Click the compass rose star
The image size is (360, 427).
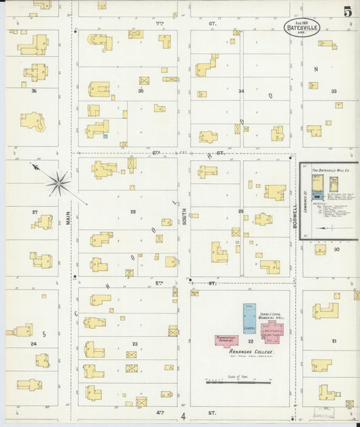(x=59, y=182)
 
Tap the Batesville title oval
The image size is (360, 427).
(x=302, y=27)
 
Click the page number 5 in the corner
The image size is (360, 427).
(x=347, y=11)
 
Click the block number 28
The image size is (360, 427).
(x=133, y=211)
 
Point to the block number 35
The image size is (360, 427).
(x=141, y=90)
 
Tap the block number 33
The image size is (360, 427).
(x=333, y=91)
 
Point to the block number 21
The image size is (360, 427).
(x=333, y=341)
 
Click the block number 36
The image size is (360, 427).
(x=33, y=90)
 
